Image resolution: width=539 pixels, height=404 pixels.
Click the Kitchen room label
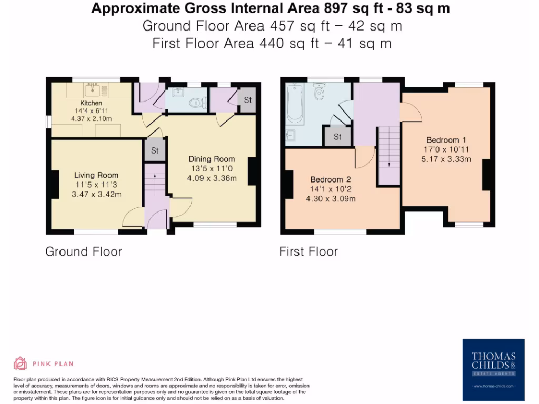click(x=91, y=103)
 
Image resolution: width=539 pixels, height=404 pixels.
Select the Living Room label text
click(x=96, y=175)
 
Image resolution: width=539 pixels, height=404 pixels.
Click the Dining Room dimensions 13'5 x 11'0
click(x=212, y=168)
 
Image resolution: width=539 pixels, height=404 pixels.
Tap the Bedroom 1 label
click(x=446, y=140)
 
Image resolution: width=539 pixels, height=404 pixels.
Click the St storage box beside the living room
click(x=155, y=150)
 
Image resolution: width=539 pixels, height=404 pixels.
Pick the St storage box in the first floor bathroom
click(x=337, y=137)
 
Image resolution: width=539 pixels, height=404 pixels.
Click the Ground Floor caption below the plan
click(x=84, y=251)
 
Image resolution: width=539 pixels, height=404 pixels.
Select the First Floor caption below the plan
click(x=308, y=251)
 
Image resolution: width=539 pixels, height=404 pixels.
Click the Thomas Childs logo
click(x=493, y=370)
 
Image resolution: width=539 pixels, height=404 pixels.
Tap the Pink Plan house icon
click(x=20, y=363)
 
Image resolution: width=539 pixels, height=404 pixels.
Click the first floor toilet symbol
click(x=318, y=94)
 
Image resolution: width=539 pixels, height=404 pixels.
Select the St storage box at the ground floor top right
click(x=247, y=99)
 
